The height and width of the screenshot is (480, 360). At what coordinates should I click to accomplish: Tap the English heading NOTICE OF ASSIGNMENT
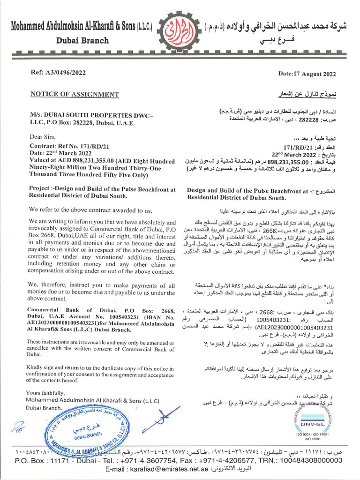[x=75, y=94]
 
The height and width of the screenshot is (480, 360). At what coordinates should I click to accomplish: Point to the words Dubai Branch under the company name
[x=82, y=40]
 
